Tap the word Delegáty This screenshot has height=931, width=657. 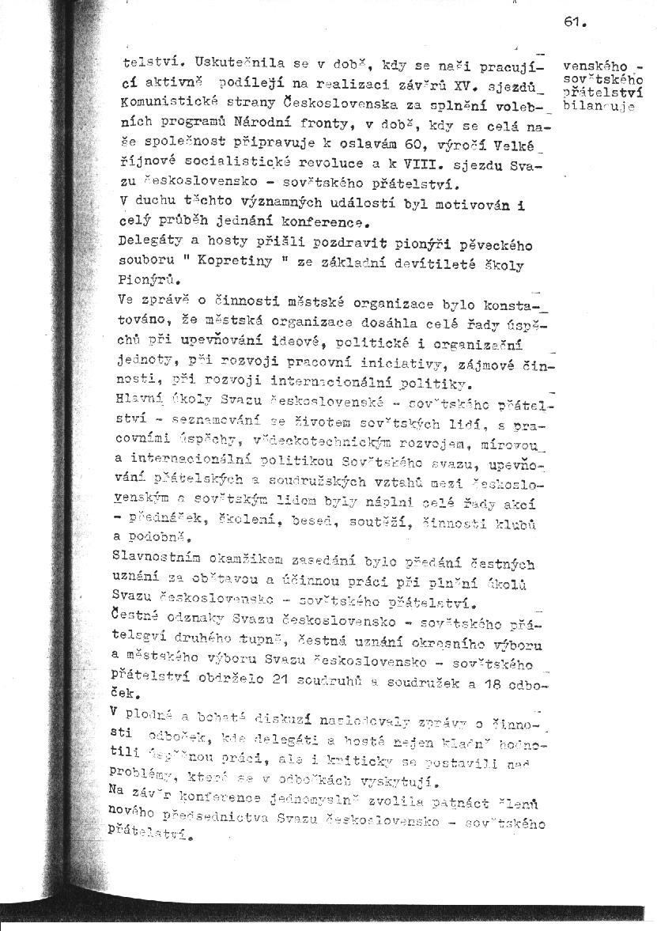(x=146, y=240)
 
